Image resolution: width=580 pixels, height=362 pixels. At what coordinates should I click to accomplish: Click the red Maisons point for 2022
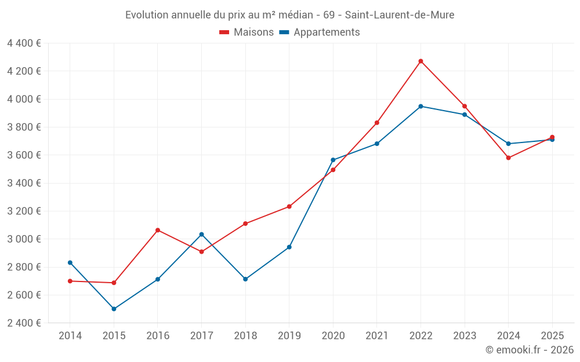420,61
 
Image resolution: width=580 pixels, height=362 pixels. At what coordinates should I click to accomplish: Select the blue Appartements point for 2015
114,309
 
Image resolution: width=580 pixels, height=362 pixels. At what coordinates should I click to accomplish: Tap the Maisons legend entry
246,32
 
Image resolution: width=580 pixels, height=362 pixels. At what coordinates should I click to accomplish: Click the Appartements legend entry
320,32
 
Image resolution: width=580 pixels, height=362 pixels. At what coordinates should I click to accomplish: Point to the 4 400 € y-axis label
24,43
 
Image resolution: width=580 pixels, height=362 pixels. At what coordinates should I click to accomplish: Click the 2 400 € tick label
24,323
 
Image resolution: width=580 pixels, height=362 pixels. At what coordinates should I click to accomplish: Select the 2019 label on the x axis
289,335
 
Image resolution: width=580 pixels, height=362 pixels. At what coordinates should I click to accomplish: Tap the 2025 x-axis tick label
552,335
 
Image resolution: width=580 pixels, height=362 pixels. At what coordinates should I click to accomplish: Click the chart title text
290,14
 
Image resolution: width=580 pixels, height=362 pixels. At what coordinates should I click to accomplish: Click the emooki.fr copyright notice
529,350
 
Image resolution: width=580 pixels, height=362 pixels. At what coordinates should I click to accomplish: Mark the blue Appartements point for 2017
201,234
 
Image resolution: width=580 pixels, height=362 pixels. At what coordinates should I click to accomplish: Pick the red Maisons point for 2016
158,230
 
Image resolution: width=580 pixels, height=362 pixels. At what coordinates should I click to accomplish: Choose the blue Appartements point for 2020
333,160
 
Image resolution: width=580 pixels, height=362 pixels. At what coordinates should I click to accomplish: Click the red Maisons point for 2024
508,158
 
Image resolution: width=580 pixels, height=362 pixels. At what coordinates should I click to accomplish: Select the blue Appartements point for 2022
420,106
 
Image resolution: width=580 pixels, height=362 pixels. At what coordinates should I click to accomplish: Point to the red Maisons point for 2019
289,206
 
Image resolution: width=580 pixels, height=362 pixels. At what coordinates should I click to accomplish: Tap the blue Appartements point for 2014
70,262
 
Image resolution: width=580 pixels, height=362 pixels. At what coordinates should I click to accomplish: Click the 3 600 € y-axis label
24,155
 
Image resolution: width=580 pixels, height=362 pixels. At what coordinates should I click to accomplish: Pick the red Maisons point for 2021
376,123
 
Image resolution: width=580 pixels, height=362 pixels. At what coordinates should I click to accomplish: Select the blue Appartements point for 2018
245,279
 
